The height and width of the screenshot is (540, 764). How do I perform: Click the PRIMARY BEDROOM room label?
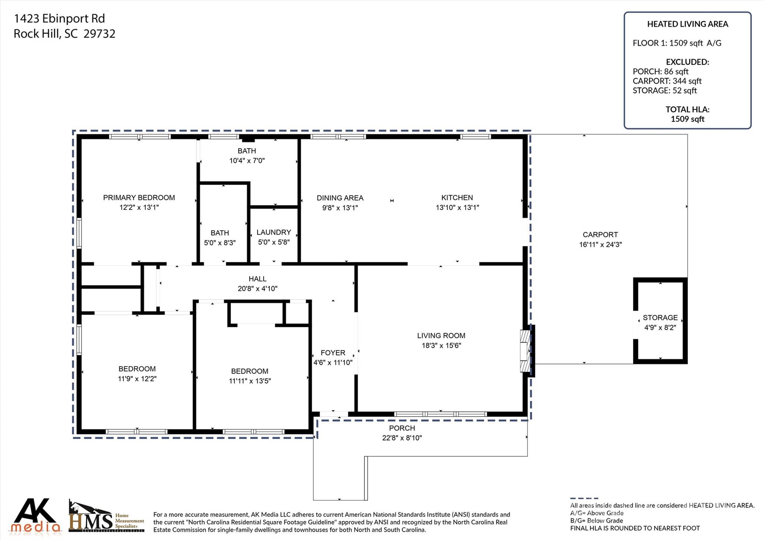(x=139, y=197)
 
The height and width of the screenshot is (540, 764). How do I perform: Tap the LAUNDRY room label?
(x=273, y=232)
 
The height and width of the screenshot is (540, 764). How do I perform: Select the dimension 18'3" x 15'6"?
(x=441, y=346)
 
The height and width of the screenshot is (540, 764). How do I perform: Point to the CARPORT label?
(x=600, y=235)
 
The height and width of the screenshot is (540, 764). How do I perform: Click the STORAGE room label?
(x=660, y=318)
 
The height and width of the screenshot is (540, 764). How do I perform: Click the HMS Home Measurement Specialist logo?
(x=106, y=517)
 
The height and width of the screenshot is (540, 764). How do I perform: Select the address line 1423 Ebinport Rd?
(x=59, y=18)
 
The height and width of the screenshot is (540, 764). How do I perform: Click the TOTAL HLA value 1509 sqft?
(x=687, y=119)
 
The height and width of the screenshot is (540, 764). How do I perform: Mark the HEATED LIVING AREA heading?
(x=687, y=24)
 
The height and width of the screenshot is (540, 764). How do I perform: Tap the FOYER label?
(x=333, y=353)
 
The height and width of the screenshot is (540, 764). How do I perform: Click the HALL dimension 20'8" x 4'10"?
(x=257, y=288)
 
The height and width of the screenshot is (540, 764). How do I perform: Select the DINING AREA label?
(x=340, y=198)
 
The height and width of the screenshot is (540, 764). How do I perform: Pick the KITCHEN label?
(x=457, y=197)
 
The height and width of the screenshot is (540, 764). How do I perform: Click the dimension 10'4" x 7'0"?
(x=247, y=160)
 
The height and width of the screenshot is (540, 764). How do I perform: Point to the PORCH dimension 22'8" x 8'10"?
(x=402, y=438)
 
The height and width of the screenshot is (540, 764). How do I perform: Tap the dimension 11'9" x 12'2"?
(x=137, y=379)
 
